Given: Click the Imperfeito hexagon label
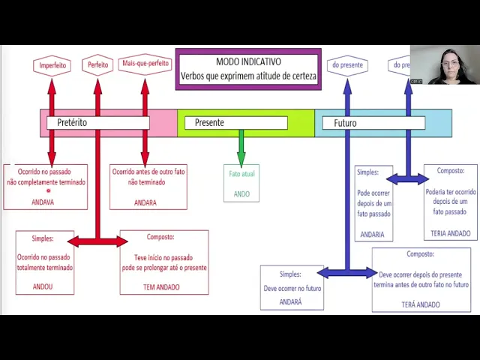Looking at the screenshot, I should [52, 66].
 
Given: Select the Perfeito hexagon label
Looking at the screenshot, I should [97, 65].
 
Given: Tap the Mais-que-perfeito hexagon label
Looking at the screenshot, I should [145, 64].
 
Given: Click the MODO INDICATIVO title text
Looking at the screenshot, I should [248, 62].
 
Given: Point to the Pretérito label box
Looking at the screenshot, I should [97, 122].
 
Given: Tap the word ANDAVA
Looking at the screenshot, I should [43, 202].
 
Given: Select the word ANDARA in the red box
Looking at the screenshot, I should [145, 202].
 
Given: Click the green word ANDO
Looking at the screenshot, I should [241, 194].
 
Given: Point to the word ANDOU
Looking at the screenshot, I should [43, 286].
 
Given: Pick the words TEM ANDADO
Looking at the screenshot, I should [161, 286].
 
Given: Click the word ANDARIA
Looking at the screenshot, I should [372, 235].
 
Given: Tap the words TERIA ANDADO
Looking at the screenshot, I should [451, 233].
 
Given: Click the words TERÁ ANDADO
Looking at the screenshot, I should [421, 304].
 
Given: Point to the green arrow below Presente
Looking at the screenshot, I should [241, 147].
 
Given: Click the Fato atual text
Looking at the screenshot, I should [241, 174].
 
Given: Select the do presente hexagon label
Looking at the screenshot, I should [347, 65].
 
